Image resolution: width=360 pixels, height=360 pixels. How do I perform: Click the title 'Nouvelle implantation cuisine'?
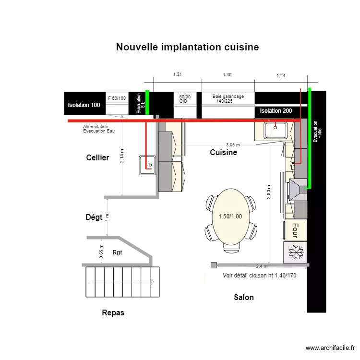pos(187,47)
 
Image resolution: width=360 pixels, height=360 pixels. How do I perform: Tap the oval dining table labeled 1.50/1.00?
pos(230,217)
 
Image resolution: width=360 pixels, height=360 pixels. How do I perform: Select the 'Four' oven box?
pos(295,230)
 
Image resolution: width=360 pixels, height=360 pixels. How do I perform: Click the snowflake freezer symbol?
pos(295,252)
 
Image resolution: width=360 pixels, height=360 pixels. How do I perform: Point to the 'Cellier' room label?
pos(97,158)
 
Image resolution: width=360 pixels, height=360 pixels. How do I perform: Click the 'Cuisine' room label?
pos(223,153)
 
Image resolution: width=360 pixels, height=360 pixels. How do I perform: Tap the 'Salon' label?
pos(243,298)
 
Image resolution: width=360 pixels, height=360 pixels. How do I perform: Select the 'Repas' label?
pos(113,313)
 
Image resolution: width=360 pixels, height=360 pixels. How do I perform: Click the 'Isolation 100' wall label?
pos(84,105)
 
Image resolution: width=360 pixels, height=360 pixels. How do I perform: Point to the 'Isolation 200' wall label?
pos(276,111)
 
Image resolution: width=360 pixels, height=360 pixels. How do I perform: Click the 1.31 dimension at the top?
pos(178,74)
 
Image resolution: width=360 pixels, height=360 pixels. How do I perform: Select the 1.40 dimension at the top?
pos(227,75)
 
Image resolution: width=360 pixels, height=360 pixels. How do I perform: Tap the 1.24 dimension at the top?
pos(281,76)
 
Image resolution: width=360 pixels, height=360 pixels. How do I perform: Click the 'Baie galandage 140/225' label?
pos(228,99)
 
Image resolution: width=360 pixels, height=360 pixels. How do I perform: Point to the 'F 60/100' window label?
pos(117,98)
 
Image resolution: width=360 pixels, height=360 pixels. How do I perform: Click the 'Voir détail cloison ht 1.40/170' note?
pos(259,276)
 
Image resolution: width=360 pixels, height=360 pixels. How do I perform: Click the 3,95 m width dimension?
pos(233,145)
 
